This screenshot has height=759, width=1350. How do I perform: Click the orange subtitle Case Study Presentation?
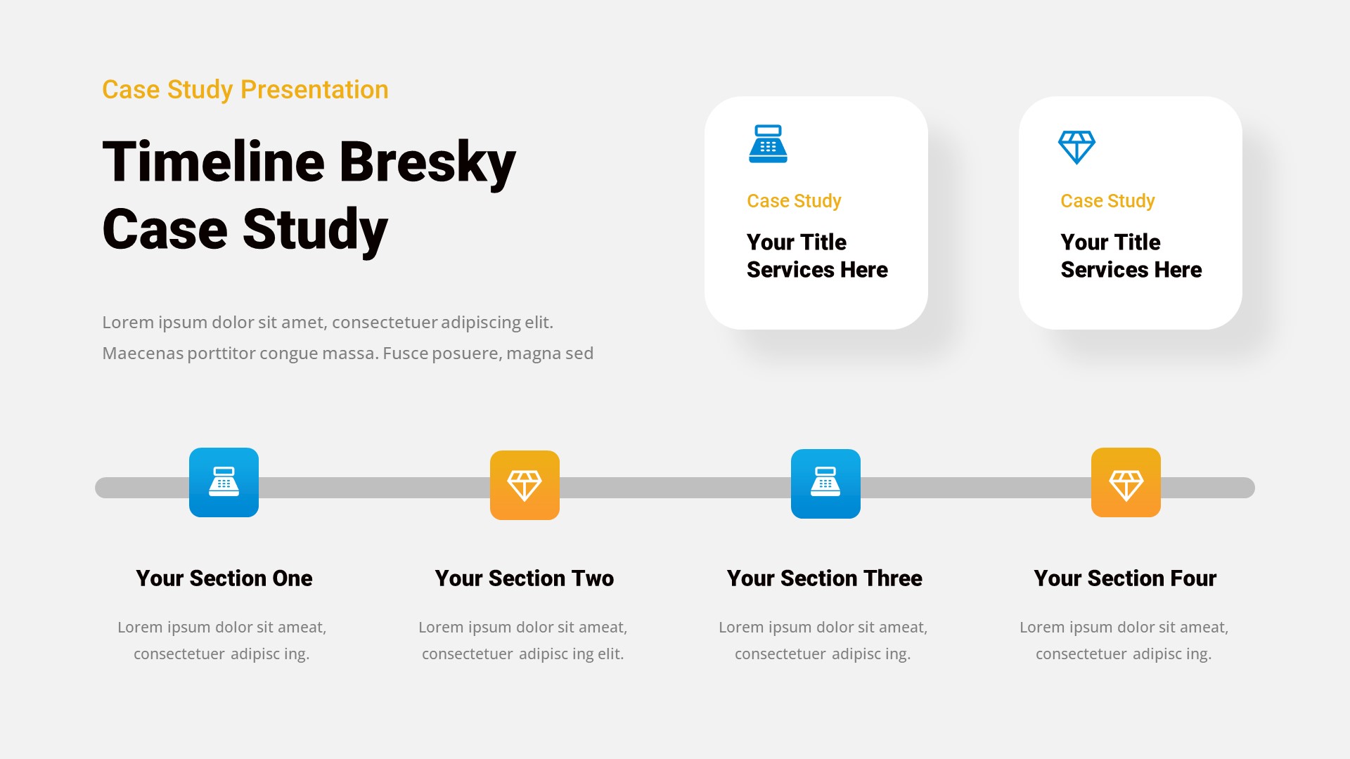coord(245,90)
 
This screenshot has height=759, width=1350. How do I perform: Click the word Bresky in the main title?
coord(427,162)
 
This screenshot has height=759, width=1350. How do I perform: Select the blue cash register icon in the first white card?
coord(768,144)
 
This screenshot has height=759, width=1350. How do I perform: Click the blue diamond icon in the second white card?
coord(1076,147)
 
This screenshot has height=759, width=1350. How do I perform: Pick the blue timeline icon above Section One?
coord(224,483)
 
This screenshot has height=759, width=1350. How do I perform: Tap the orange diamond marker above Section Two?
coord(525,486)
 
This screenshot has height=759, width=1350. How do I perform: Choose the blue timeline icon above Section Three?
coord(825,484)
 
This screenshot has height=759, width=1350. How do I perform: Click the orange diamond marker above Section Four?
coord(1126,483)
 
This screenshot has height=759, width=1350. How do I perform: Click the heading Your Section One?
coord(224,578)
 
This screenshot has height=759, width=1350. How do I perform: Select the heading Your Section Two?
coord(524,578)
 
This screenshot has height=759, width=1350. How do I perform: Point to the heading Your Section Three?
coord(824,578)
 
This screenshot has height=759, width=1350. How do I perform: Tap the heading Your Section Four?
coord(1125,578)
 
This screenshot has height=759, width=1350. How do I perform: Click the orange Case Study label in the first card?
coord(794,201)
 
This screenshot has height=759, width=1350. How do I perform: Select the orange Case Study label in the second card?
coord(1107,201)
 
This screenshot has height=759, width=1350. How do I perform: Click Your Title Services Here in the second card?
coord(1131,256)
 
